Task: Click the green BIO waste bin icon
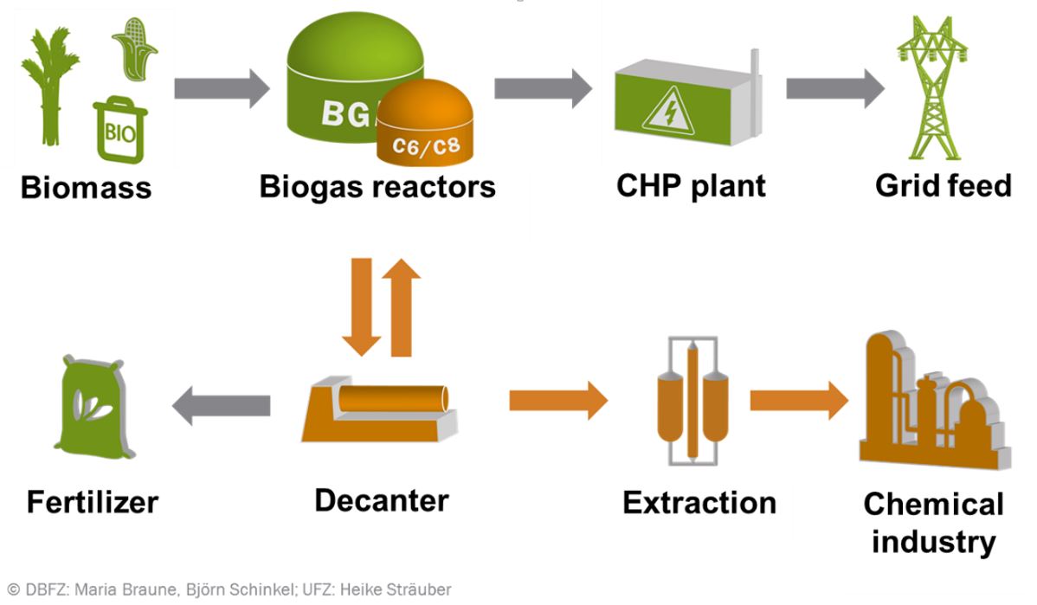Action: pos(119,130)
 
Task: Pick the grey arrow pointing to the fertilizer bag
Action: pos(222,403)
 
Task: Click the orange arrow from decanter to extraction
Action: pos(558,399)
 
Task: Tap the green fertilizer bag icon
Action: pos(95,406)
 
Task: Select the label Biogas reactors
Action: pos(377,187)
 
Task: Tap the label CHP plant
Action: pos(691,185)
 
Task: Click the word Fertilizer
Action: pos(93,501)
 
